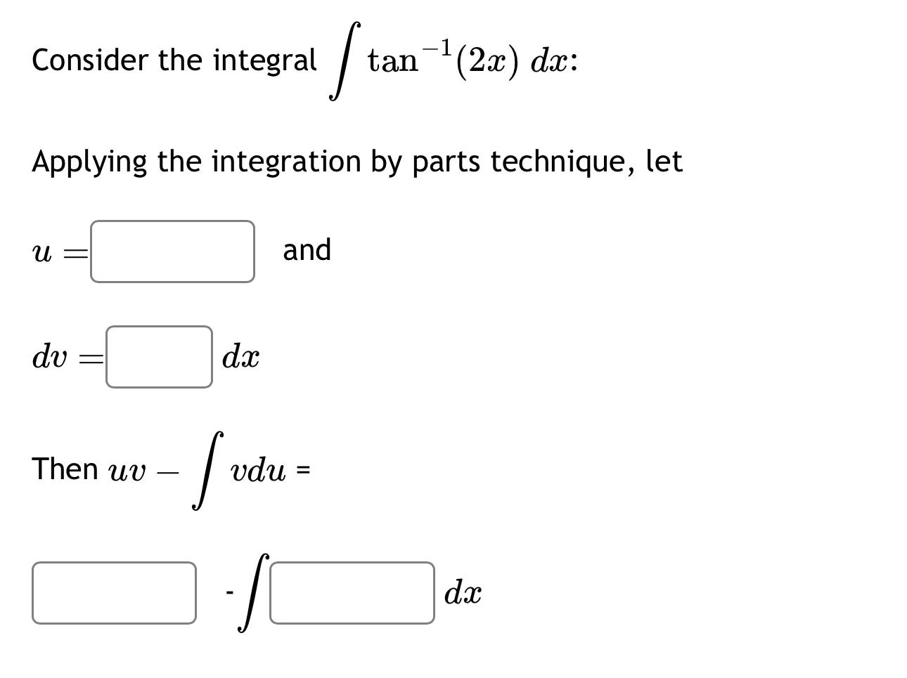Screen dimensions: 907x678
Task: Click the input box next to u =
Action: (172, 252)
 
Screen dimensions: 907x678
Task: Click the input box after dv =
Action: (159, 357)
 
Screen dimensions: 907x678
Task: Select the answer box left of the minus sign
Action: (114, 593)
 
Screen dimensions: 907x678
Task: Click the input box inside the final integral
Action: (352, 593)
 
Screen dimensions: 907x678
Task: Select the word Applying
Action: (89, 162)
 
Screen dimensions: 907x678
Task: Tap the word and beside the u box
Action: (307, 250)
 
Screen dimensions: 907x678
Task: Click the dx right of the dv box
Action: (240, 358)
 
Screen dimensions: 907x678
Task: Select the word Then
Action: (65, 469)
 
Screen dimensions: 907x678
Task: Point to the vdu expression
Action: (258, 470)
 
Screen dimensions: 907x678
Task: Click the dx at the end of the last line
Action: (463, 594)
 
